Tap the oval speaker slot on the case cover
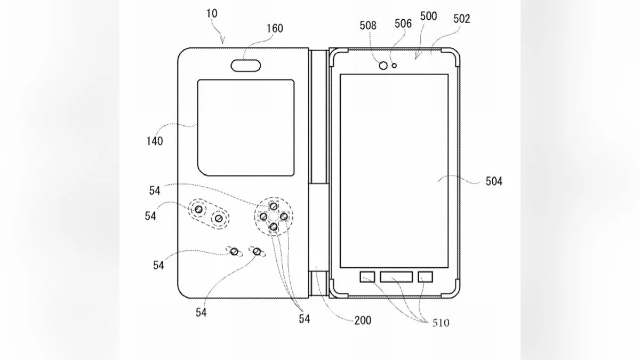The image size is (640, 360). (246, 66)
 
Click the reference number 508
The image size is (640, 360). (368, 25)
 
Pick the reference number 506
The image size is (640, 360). (403, 23)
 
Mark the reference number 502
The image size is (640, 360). (461, 19)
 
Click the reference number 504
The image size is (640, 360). (494, 181)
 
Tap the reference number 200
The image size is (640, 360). (362, 321)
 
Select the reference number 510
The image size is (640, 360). (441, 323)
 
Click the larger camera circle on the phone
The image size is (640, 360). (383, 66)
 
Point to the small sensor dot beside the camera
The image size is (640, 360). (394, 66)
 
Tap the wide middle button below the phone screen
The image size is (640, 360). (396, 277)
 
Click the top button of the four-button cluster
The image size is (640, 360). (273, 206)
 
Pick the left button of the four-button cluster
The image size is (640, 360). (263, 217)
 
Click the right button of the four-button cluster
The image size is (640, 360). (284, 217)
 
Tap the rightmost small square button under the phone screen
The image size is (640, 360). (425, 277)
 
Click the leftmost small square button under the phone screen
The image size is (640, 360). (367, 277)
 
